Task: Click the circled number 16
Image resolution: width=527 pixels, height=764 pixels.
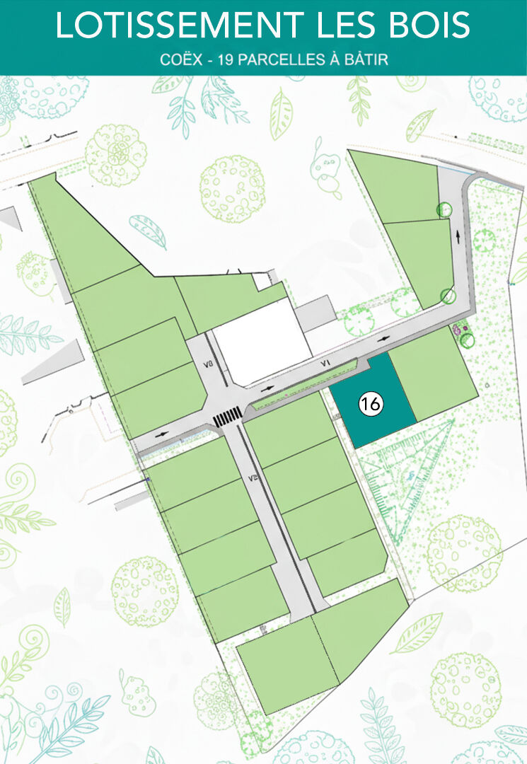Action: pyautogui.click(x=371, y=403)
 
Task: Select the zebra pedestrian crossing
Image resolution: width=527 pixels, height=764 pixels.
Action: pyautogui.click(x=228, y=417)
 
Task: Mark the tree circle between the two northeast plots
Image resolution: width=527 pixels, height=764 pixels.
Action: pyautogui.click(x=444, y=210)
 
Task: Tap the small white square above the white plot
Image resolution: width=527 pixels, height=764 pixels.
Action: pyautogui.click(x=262, y=282)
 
